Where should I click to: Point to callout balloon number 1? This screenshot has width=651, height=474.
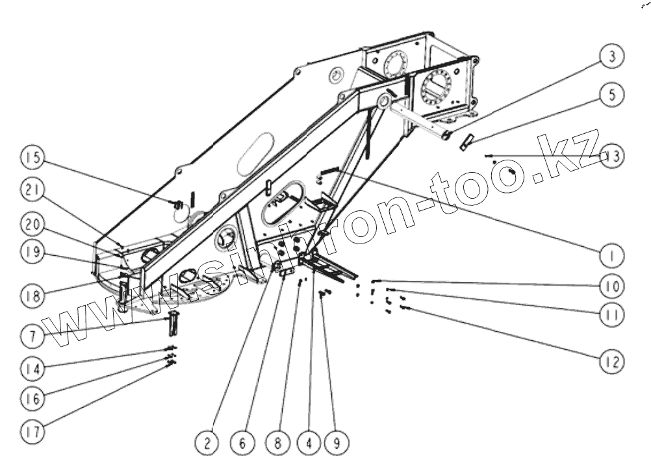[x=611, y=255]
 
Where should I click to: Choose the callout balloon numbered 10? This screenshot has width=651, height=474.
[x=611, y=286]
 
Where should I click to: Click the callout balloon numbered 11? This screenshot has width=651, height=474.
[x=611, y=315]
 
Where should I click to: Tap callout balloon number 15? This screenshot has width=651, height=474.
[x=33, y=157]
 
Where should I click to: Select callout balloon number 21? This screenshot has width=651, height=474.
[x=33, y=190]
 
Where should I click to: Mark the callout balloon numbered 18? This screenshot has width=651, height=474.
[x=33, y=296]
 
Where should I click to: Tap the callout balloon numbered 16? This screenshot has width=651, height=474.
[x=33, y=399]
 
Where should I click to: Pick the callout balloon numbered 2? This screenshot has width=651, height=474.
[x=207, y=444]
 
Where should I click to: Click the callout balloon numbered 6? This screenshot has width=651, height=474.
[x=242, y=444]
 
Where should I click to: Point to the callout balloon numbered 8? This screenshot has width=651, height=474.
[x=277, y=444]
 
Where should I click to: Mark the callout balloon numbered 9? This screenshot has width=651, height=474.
[x=337, y=444]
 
